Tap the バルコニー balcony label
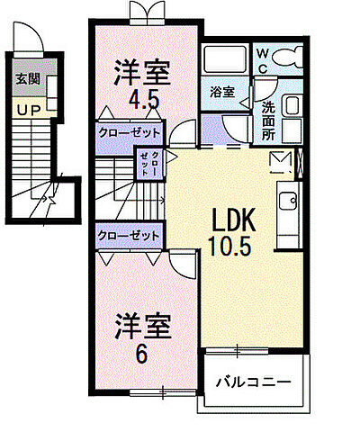253,382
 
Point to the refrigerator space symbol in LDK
281,162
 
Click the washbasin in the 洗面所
292,105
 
